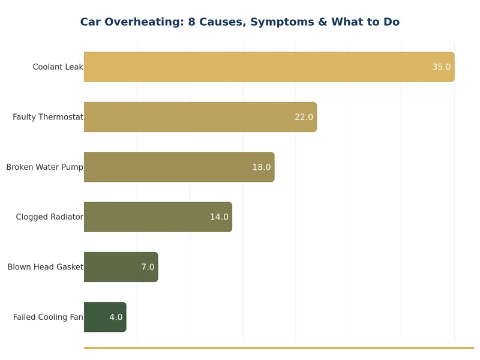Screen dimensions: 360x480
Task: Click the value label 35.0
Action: click(x=441, y=67)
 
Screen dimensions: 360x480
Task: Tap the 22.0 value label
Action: click(x=304, y=117)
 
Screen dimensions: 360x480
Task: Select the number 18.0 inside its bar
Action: click(x=261, y=167)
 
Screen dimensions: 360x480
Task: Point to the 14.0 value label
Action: click(x=219, y=217)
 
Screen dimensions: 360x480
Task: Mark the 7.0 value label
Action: click(x=148, y=267)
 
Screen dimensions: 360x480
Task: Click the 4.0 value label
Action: click(x=116, y=317)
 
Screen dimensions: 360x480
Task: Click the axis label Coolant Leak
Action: click(x=58, y=67)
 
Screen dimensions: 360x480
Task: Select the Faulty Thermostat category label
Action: click(x=48, y=117)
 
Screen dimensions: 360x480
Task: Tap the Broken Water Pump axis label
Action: click(x=44, y=167)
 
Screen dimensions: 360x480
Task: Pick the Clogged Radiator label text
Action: click(x=49, y=217)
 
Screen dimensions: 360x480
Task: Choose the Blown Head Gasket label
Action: click(x=45, y=267)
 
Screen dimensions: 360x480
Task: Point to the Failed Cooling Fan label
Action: click(x=48, y=317)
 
